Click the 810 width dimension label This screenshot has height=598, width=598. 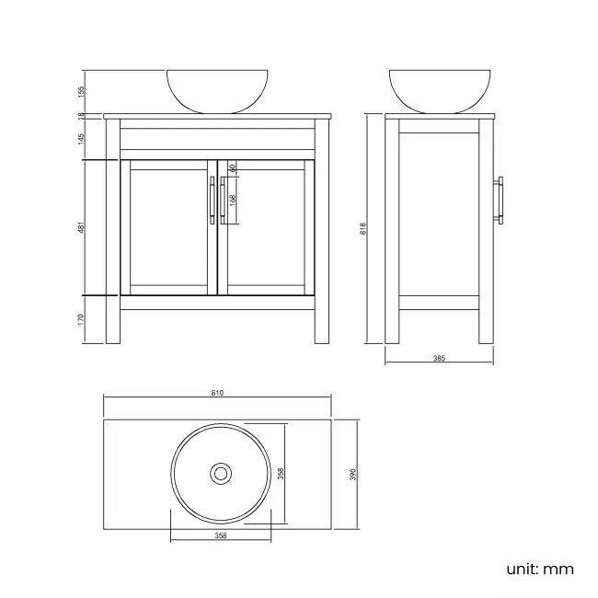pyautogui.click(x=217, y=392)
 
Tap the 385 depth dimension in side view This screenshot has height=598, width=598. pyautogui.click(x=439, y=358)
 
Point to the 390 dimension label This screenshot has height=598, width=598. pyautogui.click(x=353, y=474)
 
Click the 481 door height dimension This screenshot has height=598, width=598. pyautogui.click(x=82, y=228)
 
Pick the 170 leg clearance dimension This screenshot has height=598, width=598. pyautogui.click(x=82, y=319)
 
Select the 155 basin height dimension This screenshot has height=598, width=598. pyautogui.click(x=82, y=91)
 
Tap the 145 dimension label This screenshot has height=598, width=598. pyautogui.click(x=82, y=138)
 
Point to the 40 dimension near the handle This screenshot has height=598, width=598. pyautogui.click(x=234, y=168)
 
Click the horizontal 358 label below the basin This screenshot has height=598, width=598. pyautogui.click(x=221, y=535)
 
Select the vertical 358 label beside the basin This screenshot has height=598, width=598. pyautogui.click(x=281, y=474)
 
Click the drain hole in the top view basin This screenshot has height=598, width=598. pyautogui.click(x=221, y=474)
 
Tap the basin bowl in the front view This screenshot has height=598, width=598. pyautogui.click(x=217, y=89)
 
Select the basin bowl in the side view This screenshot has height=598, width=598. pyautogui.click(x=439, y=89)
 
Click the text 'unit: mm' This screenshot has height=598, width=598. pyautogui.click(x=539, y=569)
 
